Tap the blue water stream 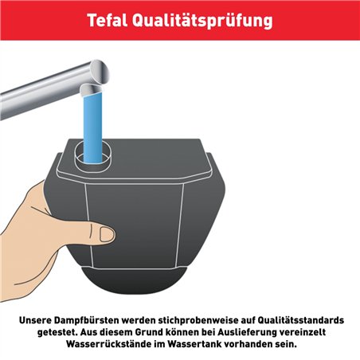[x=94, y=119]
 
